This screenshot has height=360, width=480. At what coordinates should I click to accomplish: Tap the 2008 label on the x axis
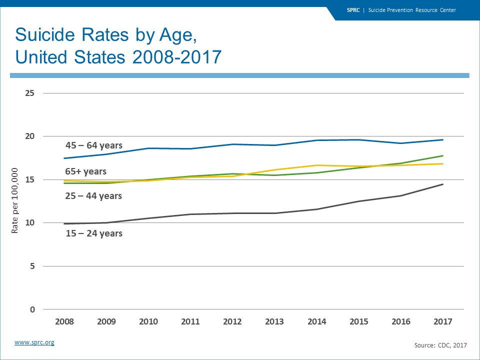(x=64, y=322)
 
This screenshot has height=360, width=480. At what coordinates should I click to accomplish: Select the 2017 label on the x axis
(x=443, y=322)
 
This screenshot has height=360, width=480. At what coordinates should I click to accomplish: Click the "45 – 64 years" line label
(x=94, y=146)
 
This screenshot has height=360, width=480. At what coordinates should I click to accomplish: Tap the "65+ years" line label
(x=85, y=171)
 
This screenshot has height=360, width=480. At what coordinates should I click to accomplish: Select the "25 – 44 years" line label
(x=93, y=196)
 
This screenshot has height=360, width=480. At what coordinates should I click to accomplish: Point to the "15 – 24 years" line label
(x=93, y=233)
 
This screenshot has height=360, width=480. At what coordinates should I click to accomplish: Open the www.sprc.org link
(x=34, y=342)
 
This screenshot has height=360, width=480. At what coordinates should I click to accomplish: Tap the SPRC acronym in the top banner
(x=353, y=10)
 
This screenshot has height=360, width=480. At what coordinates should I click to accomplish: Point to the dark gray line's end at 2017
(x=443, y=184)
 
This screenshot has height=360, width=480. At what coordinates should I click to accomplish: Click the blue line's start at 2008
(x=64, y=158)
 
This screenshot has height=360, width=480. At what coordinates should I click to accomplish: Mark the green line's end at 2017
(x=443, y=155)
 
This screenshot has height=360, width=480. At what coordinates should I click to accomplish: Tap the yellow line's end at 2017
(x=443, y=163)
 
